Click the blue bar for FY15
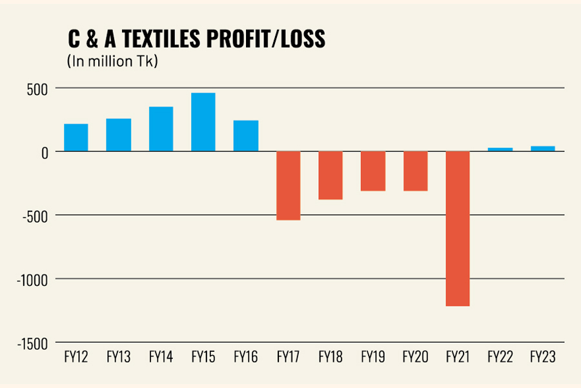tap(203, 122)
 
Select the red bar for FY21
tap(458, 228)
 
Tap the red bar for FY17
tap(288, 186)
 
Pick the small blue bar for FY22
tap(500, 149)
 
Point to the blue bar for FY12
tap(76, 137)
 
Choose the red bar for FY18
tap(331, 175)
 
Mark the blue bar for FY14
tap(161, 129)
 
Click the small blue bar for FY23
tap(543, 149)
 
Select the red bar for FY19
tap(373, 171)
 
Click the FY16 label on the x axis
tap(246, 357)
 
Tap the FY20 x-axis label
tap(415, 357)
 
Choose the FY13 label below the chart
tap(118, 357)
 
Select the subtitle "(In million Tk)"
tap(112, 63)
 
